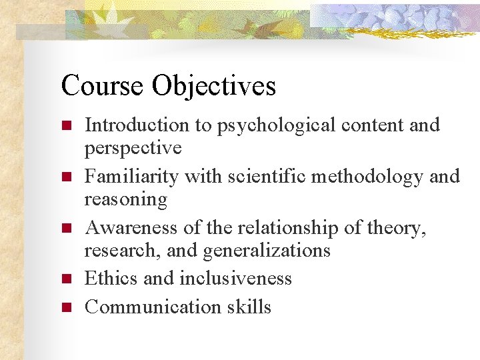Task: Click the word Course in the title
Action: tap(102, 86)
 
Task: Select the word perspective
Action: tap(133, 147)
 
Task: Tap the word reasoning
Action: tap(126, 199)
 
